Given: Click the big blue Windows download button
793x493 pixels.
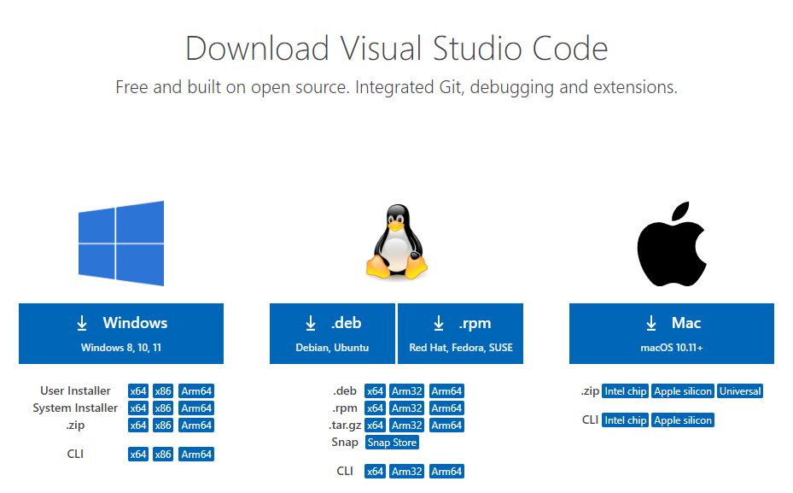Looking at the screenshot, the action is (121, 333).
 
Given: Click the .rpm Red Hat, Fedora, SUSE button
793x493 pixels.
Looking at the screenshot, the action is (461, 333).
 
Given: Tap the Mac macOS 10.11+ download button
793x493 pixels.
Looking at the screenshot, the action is (672, 333).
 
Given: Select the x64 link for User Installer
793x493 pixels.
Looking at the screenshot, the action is (138, 391).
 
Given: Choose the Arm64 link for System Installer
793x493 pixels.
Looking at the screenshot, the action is (196, 408).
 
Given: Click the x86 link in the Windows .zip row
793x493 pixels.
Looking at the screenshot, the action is (163, 426).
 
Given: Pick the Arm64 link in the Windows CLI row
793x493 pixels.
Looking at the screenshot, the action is (196, 455).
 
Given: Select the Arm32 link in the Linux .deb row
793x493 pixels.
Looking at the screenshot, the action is (407, 391).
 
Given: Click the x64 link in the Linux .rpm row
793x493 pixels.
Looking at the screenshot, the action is (375, 408).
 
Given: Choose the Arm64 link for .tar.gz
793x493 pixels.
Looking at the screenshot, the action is (446, 426).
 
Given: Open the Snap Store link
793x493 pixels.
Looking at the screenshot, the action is (392, 443).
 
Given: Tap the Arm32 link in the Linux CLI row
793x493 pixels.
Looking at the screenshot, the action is (407, 472).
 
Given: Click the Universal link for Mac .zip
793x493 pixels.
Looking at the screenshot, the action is (740, 391).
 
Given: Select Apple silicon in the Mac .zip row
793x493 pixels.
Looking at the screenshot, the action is (683, 391).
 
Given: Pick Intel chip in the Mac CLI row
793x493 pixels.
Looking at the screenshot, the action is (626, 420).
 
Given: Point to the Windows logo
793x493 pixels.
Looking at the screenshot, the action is (121, 244).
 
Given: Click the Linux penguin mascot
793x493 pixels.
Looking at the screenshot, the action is (397, 242).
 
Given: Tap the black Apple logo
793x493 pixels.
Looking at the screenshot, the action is (672, 244).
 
